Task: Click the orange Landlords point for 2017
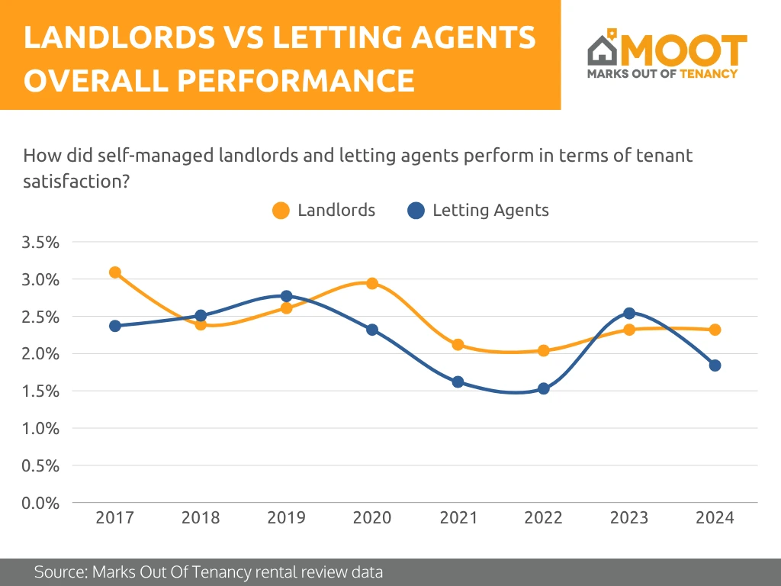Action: pos(115,272)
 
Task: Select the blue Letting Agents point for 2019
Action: pos(287,296)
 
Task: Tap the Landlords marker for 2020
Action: pos(372,284)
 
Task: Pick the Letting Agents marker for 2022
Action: pos(544,388)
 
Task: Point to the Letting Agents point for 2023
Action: pos(629,314)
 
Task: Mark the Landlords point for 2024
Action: pos(715,330)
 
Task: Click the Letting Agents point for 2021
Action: pos(458,382)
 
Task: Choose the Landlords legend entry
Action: pos(324,211)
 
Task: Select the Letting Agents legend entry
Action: pos(478,211)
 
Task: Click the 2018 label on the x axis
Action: pos(201,518)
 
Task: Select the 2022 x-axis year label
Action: pos(544,518)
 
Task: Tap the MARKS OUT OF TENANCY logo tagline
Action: pos(662,74)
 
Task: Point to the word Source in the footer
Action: pos(59,572)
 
